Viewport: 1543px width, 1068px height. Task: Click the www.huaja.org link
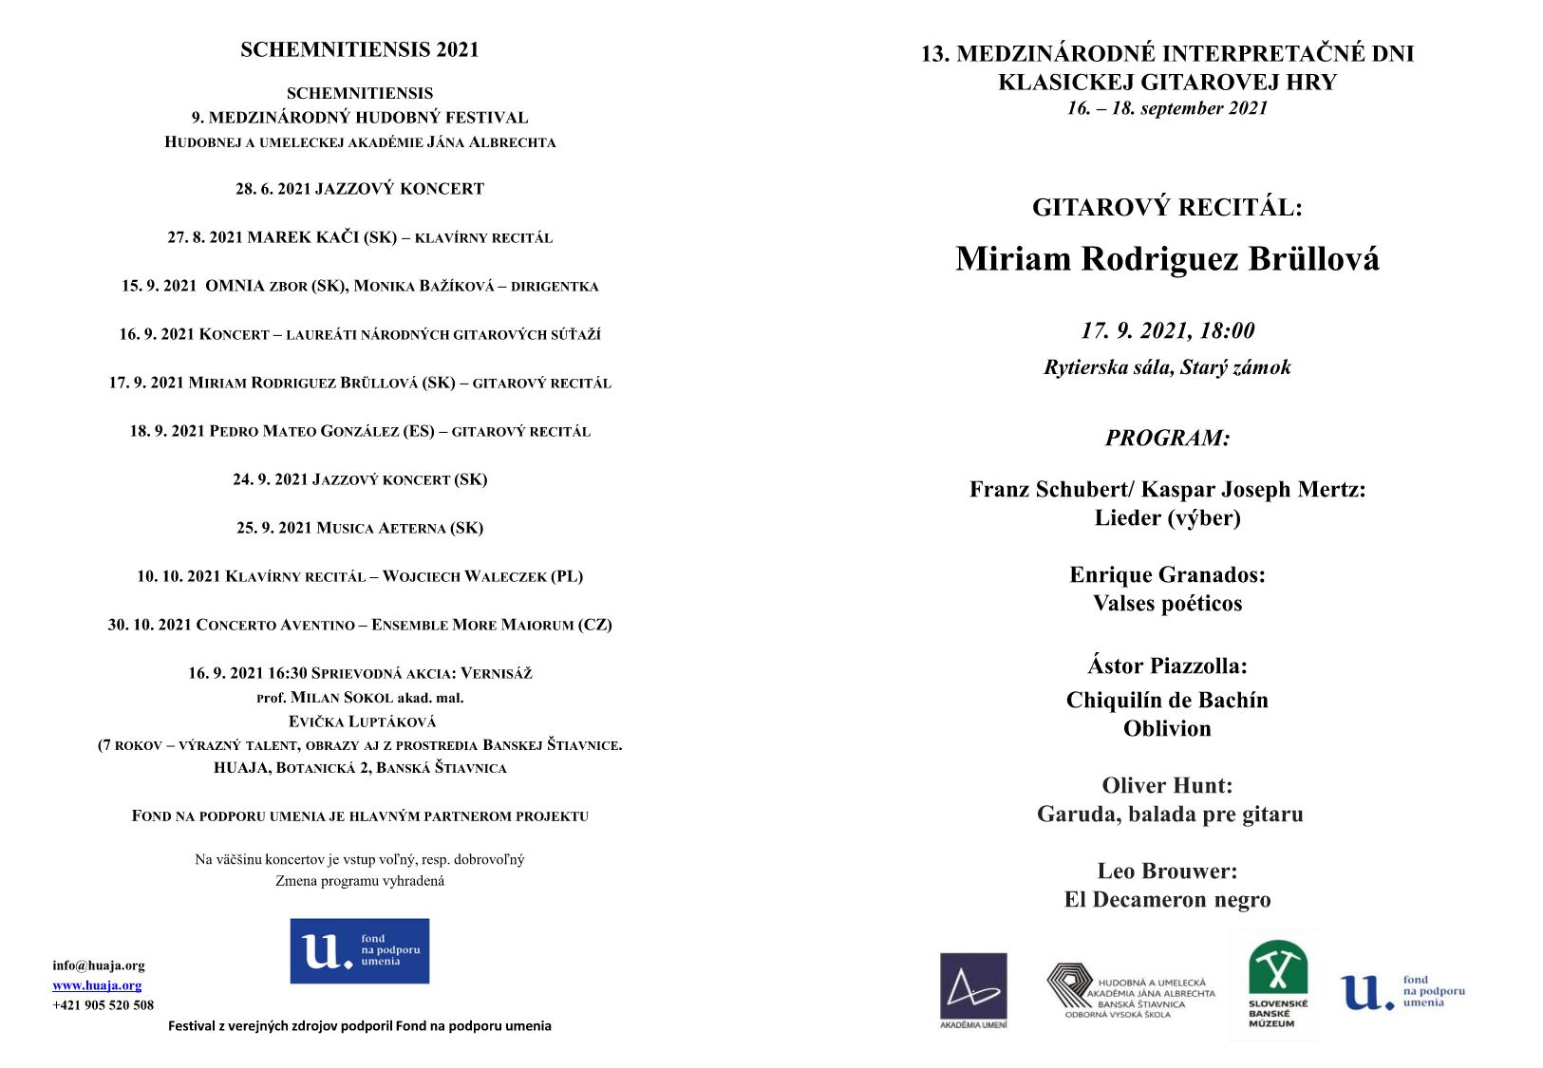(x=97, y=985)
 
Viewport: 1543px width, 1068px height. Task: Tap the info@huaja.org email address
(x=99, y=965)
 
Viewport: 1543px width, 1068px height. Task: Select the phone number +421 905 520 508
(x=103, y=1005)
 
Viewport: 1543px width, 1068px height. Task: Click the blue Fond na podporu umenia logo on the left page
(x=360, y=950)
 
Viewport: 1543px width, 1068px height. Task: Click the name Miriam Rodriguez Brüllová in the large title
(x=1167, y=259)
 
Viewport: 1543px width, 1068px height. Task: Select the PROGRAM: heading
(x=1167, y=439)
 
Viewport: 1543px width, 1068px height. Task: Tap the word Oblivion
(x=1167, y=729)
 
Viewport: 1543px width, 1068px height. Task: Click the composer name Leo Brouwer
(x=1167, y=871)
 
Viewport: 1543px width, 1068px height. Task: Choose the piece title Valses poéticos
(x=1167, y=604)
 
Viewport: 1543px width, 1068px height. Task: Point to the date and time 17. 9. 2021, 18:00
(x=1167, y=331)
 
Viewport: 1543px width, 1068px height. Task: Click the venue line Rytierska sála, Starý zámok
(x=1167, y=367)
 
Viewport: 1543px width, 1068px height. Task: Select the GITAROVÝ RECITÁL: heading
(x=1167, y=208)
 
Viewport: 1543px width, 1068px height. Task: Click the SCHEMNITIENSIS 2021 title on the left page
(x=360, y=50)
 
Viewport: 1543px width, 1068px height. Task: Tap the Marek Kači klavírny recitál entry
(x=360, y=237)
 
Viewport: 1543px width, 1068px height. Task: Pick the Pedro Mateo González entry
(x=360, y=431)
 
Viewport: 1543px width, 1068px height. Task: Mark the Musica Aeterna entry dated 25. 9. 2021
(x=360, y=528)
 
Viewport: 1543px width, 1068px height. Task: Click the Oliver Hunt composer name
(x=1167, y=786)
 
